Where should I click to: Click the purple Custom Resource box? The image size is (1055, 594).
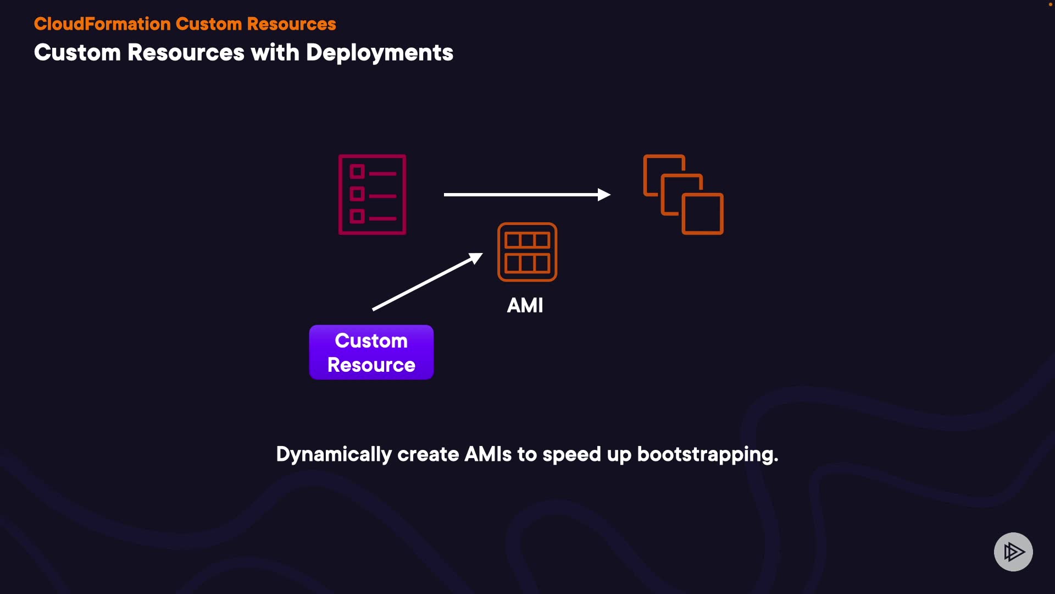(x=371, y=352)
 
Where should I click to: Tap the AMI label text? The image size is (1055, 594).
(x=525, y=305)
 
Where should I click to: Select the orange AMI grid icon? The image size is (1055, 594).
(x=527, y=252)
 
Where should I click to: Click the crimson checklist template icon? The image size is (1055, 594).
(x=372, y=194)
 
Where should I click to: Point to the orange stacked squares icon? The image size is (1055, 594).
(x=683, y=194)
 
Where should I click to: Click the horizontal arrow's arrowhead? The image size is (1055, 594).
(x=604, y=194)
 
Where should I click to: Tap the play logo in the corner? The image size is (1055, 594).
(x=1013, y=552)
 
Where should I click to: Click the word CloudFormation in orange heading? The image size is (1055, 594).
(x=102, y=24)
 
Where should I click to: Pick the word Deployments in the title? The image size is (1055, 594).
(x=379, y=53)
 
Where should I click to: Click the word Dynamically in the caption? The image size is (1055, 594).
(x=334, y=455)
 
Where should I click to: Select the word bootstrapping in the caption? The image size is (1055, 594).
(x=707, y=455)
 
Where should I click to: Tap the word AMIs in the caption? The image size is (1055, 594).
(x=488, y=454)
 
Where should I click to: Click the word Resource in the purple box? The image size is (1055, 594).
(x=371, y=365)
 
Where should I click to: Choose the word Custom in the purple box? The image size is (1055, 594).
(x=371, y=340)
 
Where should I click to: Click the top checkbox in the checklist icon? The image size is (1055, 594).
(x=357, y=172)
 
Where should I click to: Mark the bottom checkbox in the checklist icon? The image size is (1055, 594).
(x=357, y=216)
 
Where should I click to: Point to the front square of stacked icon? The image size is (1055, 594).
(x=703, y=213)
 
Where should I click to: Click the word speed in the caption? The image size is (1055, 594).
(x=571, y=455)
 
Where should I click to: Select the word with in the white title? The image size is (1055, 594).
(x=275, y=53)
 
